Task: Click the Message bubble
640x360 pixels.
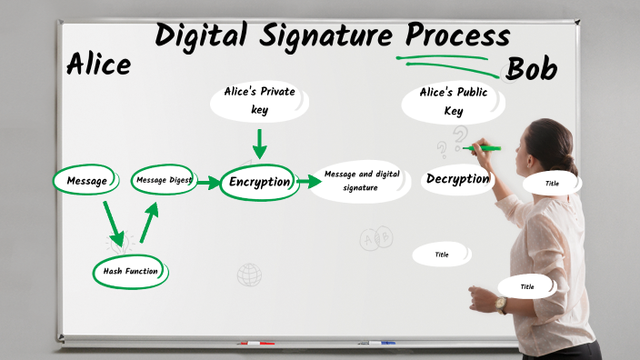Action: pyautogui.click(x=86, y=180)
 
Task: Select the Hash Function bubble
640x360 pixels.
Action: pyautogui.click(x=130, y=271)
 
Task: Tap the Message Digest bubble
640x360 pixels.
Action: pyautogui.click(x=164, y=180)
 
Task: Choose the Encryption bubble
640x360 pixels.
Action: pyautogui.click(x=259, y=181)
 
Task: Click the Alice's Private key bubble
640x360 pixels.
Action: pyautogui.click(x=259, y=101)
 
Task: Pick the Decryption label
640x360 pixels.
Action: pyautogui.click(x=457, y=179)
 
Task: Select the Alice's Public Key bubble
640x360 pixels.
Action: pyautogui.click(x=454, y=102)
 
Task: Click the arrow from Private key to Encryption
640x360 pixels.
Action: pyautogui.click(x=259, y=144)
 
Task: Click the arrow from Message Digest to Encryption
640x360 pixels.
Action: pyautogui.click(x=209, y=183)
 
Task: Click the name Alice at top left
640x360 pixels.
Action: pyautogui.click(x=98, y=65)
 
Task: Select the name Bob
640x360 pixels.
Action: pyautogui.click(x=532, y=69)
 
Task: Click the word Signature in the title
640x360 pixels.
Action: pyautogui.click(x=313, y=35)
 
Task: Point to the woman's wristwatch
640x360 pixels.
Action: pyautogui.click(x=501, y=304)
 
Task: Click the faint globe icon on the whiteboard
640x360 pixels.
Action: pyautogui.click(x=249, y=274)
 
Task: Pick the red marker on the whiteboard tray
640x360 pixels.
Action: pyautogui.click(x=256, y=344)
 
